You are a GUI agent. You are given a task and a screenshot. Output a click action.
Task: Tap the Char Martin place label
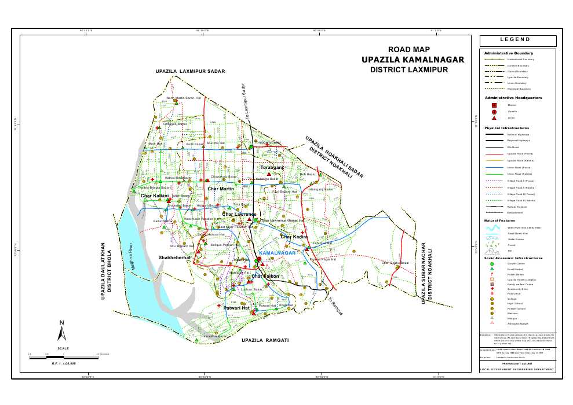tap(220, 189)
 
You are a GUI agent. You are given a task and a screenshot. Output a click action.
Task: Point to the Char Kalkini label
tap(155, 196)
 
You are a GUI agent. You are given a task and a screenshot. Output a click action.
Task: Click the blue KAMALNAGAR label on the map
tap(278, 253)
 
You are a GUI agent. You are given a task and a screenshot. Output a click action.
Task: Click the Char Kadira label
tap(294, 237)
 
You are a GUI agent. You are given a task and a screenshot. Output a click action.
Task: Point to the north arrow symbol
tap(62, 331)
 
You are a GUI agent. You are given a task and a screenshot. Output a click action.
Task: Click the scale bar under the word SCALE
tap(63, 356)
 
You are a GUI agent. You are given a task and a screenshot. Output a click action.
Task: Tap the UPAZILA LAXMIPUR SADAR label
tap(189, 71)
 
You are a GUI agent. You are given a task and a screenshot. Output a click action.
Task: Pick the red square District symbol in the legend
tap(494, 105)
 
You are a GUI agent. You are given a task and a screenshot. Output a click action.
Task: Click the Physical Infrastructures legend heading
tap(507, 128)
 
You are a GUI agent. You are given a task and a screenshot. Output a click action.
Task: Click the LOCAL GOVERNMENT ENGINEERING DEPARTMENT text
tap(517, 370)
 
